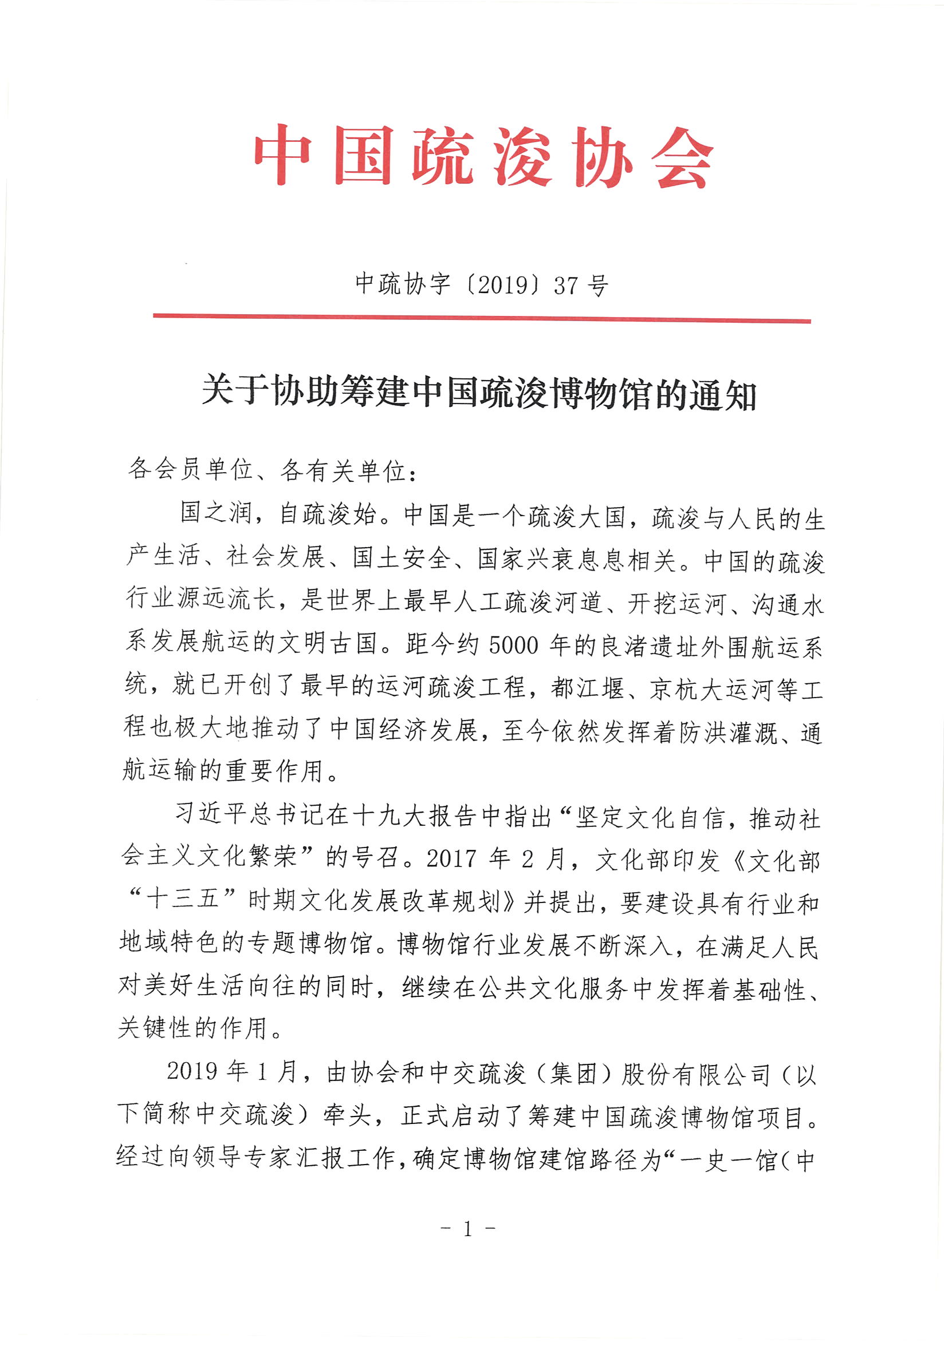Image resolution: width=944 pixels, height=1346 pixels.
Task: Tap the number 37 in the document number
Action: [565, 286]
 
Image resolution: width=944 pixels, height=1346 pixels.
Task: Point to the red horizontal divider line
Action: [481, 318]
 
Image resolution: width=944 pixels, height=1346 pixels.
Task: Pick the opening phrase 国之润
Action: [215, 512]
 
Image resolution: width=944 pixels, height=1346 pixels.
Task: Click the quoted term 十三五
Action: [183, 898]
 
